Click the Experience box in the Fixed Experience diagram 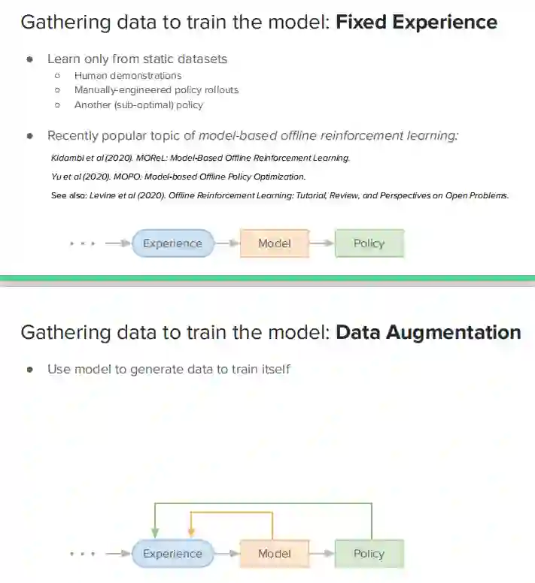pos(173,243)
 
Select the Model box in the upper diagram pos(274,243)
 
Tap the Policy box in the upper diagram pos(369,243)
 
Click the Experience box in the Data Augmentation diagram pos(173,554)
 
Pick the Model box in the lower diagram pos(274,554)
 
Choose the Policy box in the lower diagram pos(369,554)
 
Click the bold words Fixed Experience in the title pos(416,22)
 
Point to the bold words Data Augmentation pos(428,332)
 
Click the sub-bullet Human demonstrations pos(128,75)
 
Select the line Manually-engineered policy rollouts pos(156,90)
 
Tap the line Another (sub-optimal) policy pos(138,105)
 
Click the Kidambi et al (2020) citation pos(200,159)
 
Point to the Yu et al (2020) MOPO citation pos(178,177)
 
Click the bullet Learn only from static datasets pos(137,58)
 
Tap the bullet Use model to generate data pos(169,369)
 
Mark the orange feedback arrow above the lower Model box pos(230,513)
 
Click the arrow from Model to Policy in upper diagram pos(321,243)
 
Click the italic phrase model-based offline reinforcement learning pos(328,135)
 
